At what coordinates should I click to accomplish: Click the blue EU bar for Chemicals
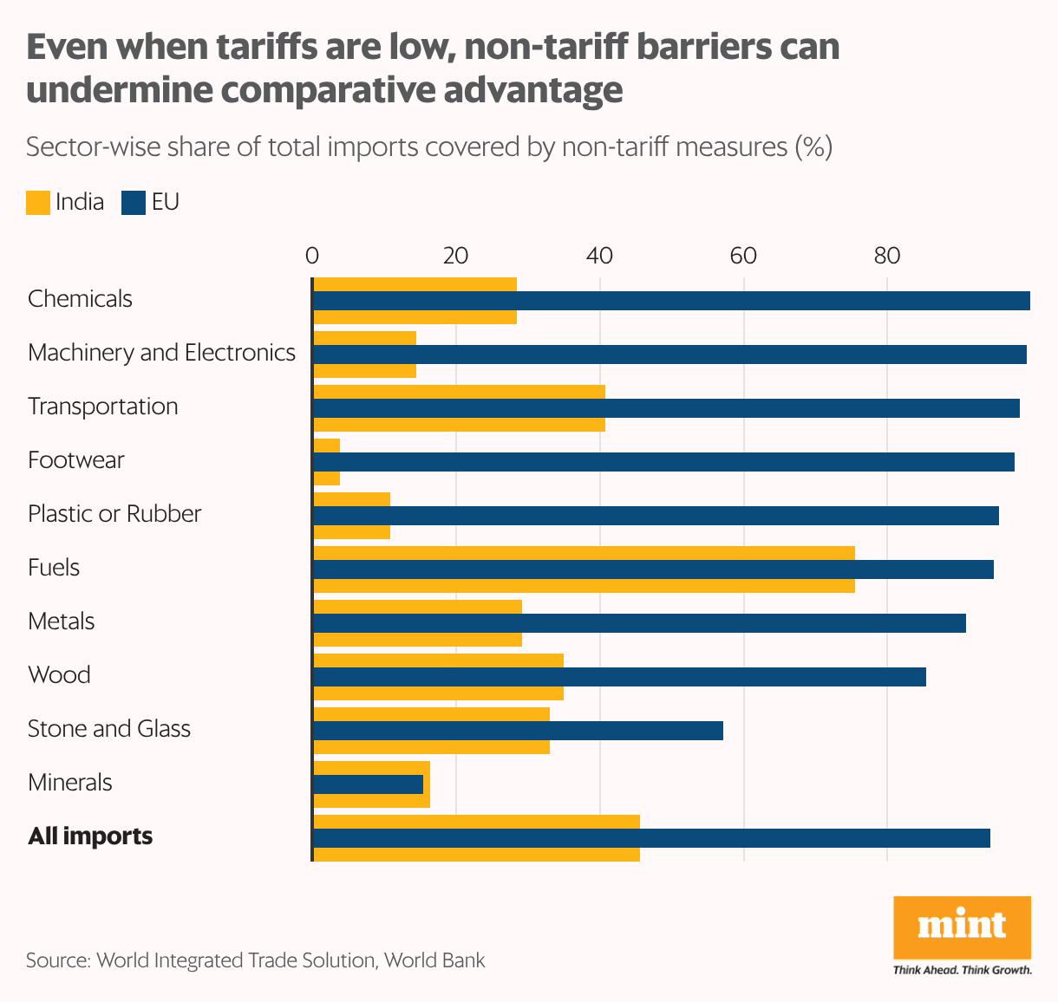pyautogui.click(x=670, y=301)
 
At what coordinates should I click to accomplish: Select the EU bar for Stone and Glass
pyautogui.click(x=518, y=731)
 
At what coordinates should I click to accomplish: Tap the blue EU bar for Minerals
pyautogui.click(x=368, y=784)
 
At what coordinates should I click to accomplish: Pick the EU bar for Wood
pyautogui.click(x=619, y=677)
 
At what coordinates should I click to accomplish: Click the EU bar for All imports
pyautogui.click(x=651, y=838)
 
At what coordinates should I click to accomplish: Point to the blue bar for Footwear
pyautogui.click(x=663, y=462)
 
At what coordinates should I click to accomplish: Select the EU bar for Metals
pyautogui.click(x=639, y=623)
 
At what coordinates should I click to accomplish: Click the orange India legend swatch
pyautogui.click(x=38, y=203)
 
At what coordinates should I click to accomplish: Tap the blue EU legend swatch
pyautogui.click(x=134, y=203)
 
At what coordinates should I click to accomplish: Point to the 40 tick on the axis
pyautogui.click(x=599, y=256)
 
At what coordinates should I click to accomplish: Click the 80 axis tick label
pyautogui.click(x=886, y=256)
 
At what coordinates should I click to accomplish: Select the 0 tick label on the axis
pyautogui.click(x=312, y=256)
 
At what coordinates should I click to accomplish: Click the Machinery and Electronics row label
pyautogui.click(x=161, y=353)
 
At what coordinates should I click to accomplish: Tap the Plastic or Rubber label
pyautogui.click(x=114, y=514)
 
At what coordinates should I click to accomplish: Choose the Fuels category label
pyautogui.click(x=54, y=568)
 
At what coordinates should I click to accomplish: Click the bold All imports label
pyautogui.click(x=90, y=836)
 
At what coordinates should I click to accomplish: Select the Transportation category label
pyautogui.click(x=102, y=407)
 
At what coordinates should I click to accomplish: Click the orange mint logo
pyautogui.click(x=962, y=927)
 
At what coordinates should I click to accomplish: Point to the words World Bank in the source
pyautogui.click(x=434, y=960)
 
